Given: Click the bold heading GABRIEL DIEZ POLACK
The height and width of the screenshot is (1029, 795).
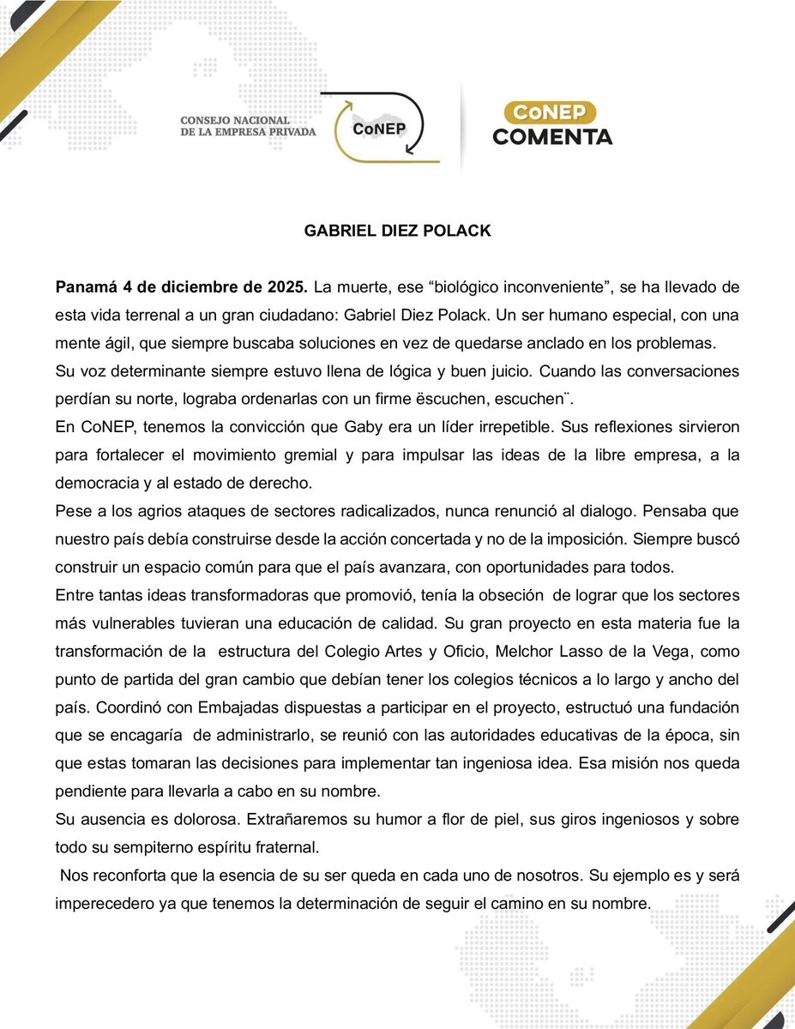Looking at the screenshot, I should point(397,232).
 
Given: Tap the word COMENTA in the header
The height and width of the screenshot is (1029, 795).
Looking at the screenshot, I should point(552,135).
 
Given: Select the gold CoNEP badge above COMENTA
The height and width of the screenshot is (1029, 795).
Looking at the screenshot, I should point(552,111).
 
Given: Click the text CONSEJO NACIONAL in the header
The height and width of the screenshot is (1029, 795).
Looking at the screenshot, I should point(235,120).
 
